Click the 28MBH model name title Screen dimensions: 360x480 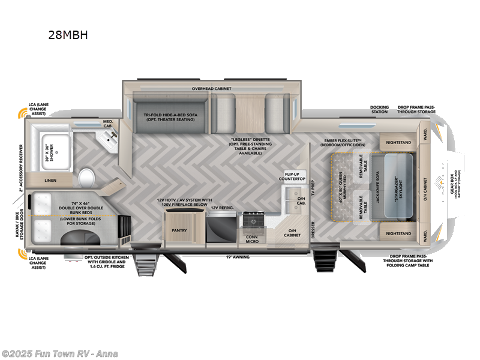(68, 35)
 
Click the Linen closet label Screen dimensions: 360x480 (50, 179)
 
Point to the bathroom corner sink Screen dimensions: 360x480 (110, 139)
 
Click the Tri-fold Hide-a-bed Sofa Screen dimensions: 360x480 (169, 114)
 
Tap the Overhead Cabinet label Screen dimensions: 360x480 (211, 89)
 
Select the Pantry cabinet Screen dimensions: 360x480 (179, 230)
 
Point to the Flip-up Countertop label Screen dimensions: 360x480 (295, 176)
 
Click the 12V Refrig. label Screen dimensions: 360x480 (221, 208)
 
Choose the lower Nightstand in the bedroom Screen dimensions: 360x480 (398, 233)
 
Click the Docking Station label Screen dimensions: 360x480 (379, 109)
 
